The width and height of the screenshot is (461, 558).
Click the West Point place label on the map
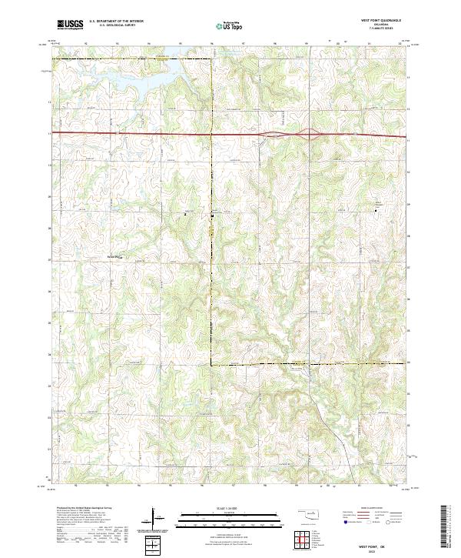pos(114,257)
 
